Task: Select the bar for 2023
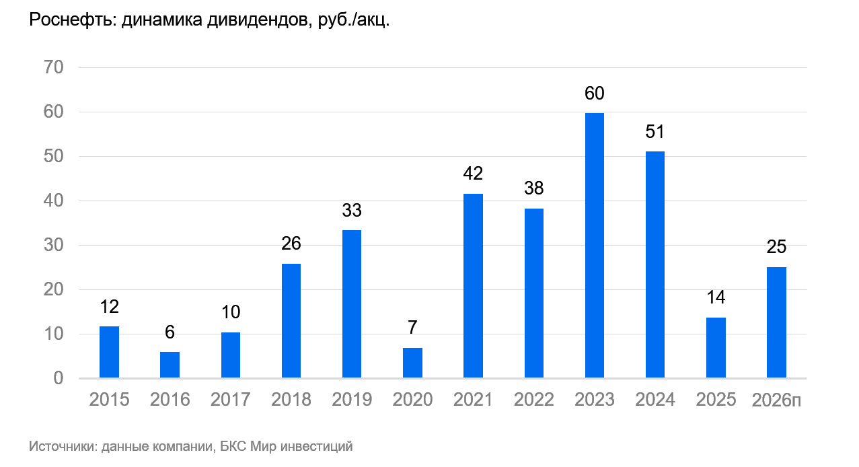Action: click(x=595, y=246)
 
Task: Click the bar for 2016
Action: click(x=170, y=365)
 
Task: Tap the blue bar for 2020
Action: click(x=412, y=363)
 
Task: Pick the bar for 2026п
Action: click(x=776, y=323)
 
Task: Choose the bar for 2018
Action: click(x=291, y=321)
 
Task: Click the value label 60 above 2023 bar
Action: click(x=595, y=94)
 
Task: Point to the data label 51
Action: click(x=655, y=132)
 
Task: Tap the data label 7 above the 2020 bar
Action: click(x=412, y=327)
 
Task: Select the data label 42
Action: click(x=473, y=174)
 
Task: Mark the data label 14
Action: click(x=716, y=297)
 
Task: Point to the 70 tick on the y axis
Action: click(x=53, y=67)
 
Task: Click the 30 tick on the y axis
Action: click(x=53, y=245)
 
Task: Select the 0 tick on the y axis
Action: click(x=59, y=378)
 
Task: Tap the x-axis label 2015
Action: click(x=109, y=400)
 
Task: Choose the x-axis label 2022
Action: click(x=534, y=400)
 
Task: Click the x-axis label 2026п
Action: click(x=776, y=400)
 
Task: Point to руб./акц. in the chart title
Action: click(x=354, y=20)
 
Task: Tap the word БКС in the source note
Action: click(x=233, y=446)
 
